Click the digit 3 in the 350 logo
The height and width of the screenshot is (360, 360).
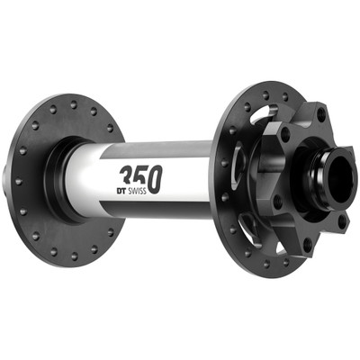[x=128, y=174]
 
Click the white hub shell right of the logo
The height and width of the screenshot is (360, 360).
[x=189, y=175]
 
